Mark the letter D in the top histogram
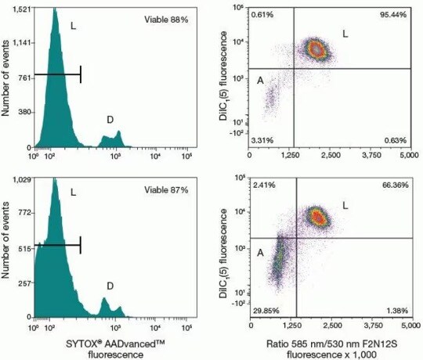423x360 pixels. [110, 120]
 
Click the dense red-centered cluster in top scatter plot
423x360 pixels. [316, 50]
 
